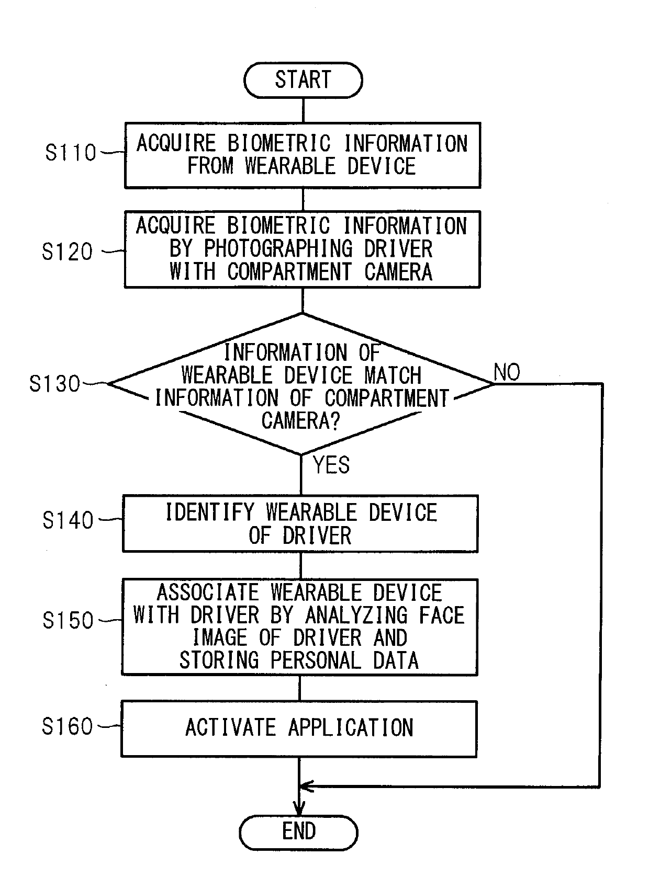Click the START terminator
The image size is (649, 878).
(x=303, y=80)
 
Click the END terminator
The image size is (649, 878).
(x=299, y=832)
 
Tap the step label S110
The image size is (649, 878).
(x=71, y=152)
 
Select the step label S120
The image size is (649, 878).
(x=68, y=252)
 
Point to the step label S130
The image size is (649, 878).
(x=54, y=384)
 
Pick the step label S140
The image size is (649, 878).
(x=68, y=520)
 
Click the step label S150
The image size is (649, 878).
(x=68, y=620)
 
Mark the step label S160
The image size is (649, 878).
(x=68, y=726)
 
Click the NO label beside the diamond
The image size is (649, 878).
(x=507, y=372)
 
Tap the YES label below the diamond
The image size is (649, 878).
(x=331, y=465)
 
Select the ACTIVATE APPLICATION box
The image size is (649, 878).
(x=299, y=729)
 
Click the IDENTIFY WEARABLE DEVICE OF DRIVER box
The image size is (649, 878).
(x=300, y=523)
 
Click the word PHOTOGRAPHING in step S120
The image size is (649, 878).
(x=278, y=249)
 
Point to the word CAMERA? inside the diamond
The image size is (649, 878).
(x=301, y=420)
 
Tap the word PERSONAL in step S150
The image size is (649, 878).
(x=316, y=660)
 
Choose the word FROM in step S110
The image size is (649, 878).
(x=210, y=166)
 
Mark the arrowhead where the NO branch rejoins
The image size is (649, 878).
(x=307, y=786)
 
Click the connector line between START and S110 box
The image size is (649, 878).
(x=303, y=110)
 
